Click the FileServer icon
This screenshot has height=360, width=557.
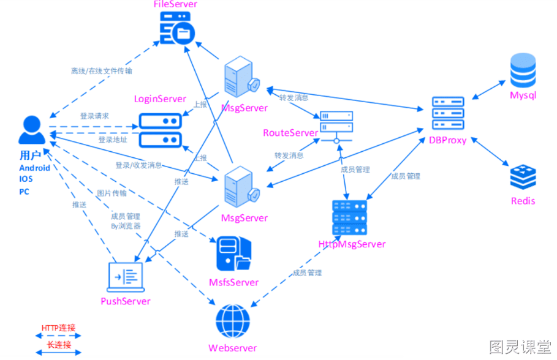[177, 28]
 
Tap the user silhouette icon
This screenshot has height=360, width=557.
[32, 130]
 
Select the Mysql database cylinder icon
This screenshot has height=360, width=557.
[523, 70]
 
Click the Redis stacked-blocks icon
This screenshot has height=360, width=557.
[523, 177]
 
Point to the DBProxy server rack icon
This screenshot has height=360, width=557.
[448, 113]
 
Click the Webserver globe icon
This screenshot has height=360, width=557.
[233, 321]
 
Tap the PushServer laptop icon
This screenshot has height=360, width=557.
[126, 277]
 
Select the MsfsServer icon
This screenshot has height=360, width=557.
[233, 254]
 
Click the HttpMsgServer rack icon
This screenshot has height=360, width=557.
[349, 217]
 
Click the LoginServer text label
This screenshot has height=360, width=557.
[160, 99]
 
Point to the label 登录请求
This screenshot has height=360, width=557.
[94, 116]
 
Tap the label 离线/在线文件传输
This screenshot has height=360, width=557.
[102, 71]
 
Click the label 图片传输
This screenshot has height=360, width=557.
[112, 193]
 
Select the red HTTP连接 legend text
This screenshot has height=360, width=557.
[59, 328]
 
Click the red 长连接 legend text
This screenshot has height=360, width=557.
[59, 345]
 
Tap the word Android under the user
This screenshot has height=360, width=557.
[34, 168]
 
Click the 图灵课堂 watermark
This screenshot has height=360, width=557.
[520, 347]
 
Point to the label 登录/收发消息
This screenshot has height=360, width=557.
[138, 165]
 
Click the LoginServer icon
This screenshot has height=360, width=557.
[160, 130]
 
